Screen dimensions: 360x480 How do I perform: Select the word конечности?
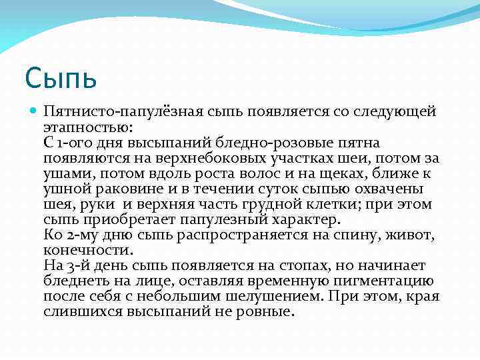click(88, 249)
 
